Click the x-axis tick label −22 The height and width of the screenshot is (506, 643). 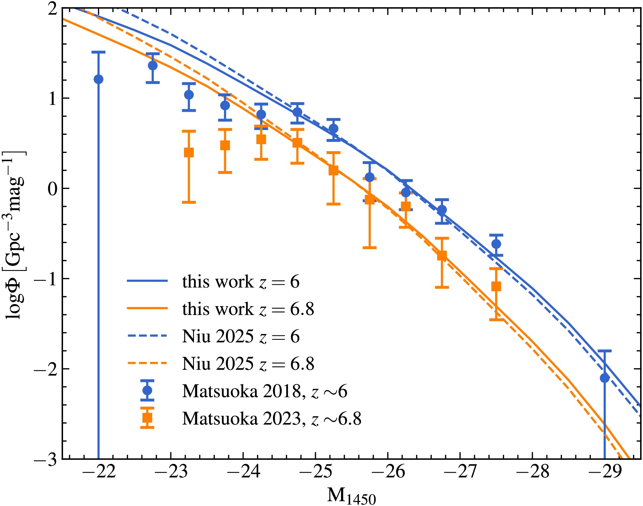coord(99,472)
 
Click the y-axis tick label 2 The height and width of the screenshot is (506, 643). coord(52,9)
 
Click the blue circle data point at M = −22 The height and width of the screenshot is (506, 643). coord(99,79)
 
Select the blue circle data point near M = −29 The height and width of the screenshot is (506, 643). coord(605,378)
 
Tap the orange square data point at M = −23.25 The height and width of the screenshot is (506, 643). coord(189,152)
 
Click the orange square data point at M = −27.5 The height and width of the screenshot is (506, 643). coord(496,286)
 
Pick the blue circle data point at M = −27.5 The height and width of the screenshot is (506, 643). coord(496,244)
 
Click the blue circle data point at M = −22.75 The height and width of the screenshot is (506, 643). coord(153,65)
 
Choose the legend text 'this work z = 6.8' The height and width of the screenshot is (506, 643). coord(248,309)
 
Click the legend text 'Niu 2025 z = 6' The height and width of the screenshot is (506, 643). coord(241,336)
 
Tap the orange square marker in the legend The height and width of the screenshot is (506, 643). coord(147,418)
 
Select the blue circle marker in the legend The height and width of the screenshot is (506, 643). coord(147,390)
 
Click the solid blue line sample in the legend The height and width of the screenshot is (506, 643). coord(147,281)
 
